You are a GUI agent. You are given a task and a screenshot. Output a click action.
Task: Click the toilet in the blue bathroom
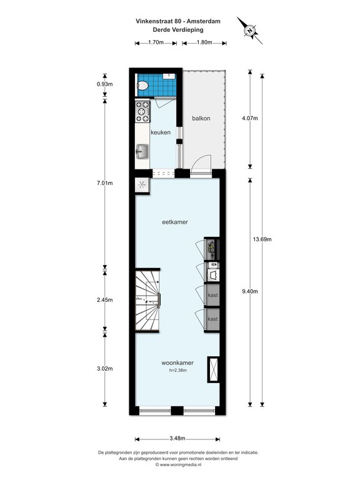point(142,86)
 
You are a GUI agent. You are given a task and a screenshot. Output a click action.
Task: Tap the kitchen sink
point(142,151)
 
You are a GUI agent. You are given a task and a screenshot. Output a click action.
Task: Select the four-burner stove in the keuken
point(142,112)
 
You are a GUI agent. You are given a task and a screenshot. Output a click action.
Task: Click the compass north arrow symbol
point(250,31)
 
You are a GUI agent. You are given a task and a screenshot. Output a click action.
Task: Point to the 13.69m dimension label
point(262,239)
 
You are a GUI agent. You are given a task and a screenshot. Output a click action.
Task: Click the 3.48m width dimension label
point(177,439)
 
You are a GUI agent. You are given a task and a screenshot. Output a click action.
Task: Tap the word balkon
point(201,118)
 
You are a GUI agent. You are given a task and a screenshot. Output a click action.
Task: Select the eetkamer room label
point(175,222)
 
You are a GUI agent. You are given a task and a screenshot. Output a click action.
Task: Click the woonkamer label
point(177,363)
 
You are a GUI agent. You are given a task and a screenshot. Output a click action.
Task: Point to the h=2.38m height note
point(178,371)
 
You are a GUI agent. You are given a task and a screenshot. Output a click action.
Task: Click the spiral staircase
point(148,300)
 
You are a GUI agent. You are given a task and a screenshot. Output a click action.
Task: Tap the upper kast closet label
point(212,295)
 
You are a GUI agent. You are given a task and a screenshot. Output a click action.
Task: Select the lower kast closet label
point(212,319)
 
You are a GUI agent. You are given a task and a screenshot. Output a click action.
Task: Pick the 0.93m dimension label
point(105,84)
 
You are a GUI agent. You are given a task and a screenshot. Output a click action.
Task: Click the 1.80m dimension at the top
point(204,42)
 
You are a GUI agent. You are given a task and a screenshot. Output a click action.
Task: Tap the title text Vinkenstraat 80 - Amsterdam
point(178,21)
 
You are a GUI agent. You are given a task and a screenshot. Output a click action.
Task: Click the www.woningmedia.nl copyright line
point(178,464)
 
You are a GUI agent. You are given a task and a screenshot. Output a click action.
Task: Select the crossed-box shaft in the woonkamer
point(214,369)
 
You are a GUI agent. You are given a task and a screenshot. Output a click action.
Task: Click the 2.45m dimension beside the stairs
point(105,300)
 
